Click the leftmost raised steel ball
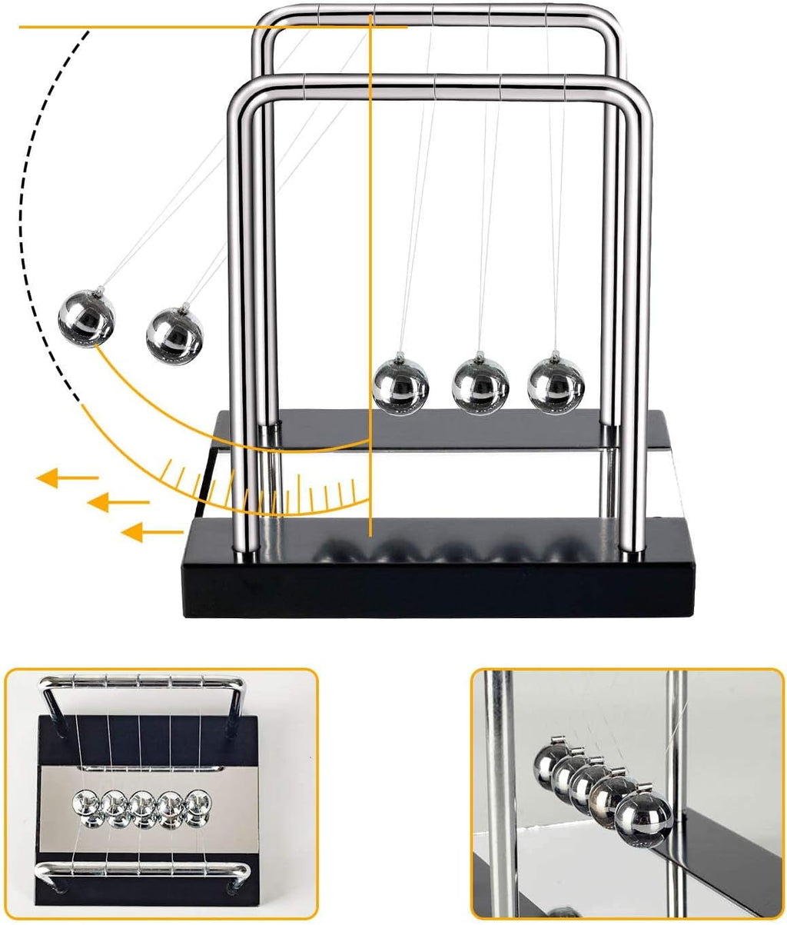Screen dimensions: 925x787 tap(86, 318)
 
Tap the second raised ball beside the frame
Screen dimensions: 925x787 tap(174, 333)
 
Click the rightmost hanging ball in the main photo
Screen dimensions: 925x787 tap(555, 383)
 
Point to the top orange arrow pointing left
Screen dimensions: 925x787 tap(66, 479)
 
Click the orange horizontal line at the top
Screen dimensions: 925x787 tap(192, 28)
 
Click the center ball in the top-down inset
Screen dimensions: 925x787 tap(143, 807)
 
